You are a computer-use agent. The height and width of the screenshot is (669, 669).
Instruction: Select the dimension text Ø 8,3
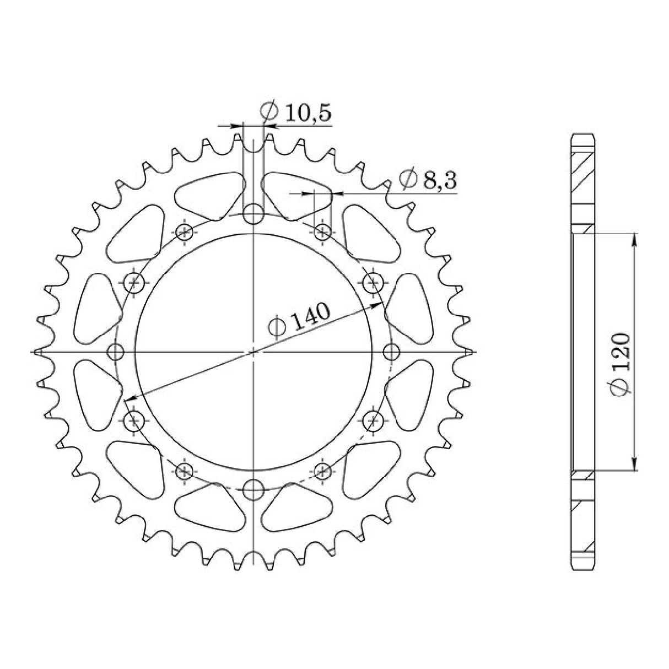(429, 180)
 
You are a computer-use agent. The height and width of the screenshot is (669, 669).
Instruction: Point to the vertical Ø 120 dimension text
(621, 364)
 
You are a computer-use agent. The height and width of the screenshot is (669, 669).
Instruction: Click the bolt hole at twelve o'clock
(253, 214)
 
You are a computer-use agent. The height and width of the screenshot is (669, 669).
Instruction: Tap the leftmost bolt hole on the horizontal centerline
(116, 351)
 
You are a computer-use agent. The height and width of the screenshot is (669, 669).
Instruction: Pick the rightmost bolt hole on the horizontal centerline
(391, 351)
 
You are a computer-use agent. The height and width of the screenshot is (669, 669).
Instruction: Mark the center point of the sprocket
(253, 351)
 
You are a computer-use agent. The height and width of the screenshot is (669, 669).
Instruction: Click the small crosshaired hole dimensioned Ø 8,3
(322, 231)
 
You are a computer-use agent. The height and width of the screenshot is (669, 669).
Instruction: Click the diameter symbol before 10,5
(269, 112)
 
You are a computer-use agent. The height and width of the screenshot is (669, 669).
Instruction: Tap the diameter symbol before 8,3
(408, 180)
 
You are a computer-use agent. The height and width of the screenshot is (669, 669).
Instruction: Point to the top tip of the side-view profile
(583, 135)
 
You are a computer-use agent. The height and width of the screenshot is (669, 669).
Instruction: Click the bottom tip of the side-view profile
(583, 568)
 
